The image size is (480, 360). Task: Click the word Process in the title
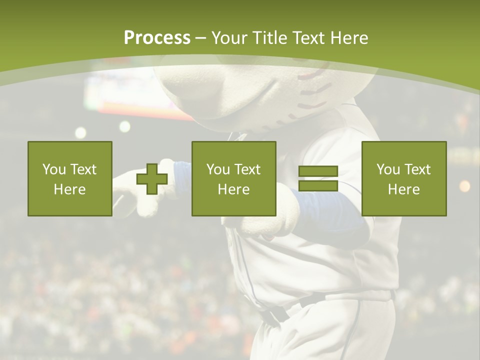click(x=157, y=38)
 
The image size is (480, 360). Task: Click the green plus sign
click(x=152, y=179)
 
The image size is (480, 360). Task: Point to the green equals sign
click(x=318, y=179)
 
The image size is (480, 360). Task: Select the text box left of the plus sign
click(x=70, y=179)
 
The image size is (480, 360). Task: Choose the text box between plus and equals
click(x=234, y=179)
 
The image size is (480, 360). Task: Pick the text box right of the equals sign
click(x=404, y=179)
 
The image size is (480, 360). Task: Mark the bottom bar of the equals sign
click(x=318, y=186)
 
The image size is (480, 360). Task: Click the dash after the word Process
click(x=201, y=38)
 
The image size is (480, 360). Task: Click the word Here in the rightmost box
click(x=404, y=189)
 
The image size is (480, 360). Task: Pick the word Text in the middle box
click(x=247, y=169)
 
